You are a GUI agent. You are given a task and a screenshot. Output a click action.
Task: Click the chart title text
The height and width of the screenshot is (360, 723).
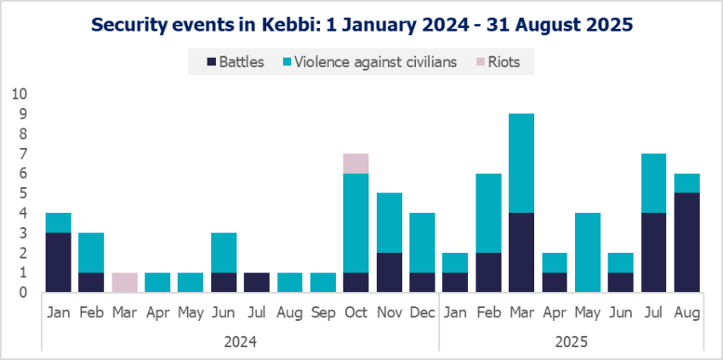[361, 25]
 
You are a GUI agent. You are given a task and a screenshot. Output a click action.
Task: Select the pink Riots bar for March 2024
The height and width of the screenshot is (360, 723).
[125, 283]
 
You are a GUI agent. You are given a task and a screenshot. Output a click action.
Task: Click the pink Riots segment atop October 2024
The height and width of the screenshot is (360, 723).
[356, 163]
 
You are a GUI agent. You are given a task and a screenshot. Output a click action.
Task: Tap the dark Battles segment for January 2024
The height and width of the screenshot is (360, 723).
[58, 263]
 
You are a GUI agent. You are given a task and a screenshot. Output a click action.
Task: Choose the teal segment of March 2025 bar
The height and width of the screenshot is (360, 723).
[521, 163]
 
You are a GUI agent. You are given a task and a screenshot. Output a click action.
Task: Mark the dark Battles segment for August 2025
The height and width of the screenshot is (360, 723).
[686, 243]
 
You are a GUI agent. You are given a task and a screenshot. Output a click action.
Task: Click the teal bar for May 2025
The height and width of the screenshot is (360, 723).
[587, 253]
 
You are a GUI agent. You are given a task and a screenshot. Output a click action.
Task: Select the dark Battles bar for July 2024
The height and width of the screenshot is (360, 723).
[257, 283]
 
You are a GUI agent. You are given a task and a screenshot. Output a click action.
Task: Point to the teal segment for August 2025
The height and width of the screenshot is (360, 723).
[686, 183]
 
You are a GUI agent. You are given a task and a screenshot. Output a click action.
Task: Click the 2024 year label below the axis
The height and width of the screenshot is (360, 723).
[240, 341]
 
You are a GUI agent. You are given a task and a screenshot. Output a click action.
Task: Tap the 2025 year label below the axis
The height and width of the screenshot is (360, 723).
[570, 341]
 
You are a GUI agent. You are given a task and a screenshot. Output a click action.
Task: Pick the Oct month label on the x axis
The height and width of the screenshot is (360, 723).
[356, 313]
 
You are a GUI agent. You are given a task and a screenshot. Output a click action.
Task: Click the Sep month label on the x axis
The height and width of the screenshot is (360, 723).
[322, 313]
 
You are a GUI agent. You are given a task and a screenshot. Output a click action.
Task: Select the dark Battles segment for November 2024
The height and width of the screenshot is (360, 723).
[389, 272]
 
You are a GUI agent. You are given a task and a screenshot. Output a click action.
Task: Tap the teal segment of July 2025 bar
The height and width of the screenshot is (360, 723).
[652, 183]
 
